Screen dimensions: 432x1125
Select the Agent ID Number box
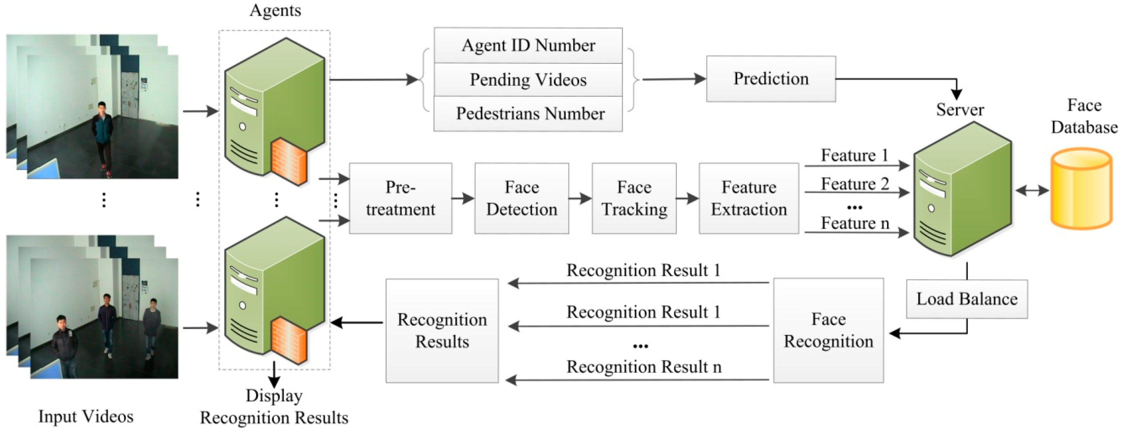528,45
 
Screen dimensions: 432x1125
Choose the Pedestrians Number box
528,114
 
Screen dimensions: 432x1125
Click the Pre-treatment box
400,198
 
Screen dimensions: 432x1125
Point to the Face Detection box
521,198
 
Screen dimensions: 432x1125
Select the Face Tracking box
634,198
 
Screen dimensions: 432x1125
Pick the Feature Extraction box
749,198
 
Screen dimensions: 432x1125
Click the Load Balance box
967,299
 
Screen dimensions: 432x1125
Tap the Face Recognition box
828,330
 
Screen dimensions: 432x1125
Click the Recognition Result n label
643,367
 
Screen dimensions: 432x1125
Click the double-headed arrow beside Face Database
1032,191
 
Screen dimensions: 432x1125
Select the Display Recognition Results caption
274,407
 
